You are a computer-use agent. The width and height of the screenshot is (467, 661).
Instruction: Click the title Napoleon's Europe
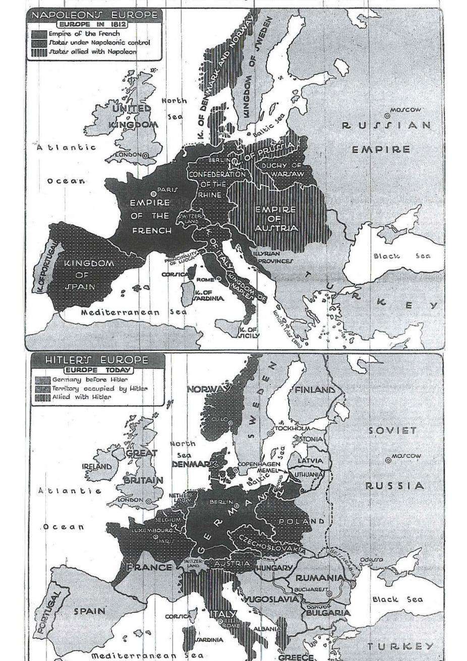tap(94, 15)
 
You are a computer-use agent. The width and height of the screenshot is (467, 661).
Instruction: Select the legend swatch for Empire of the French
tap(38, 34)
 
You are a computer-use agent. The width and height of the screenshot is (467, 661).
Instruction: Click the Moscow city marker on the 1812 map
tap(387, 115)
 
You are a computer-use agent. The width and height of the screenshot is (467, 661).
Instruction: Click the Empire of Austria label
tap(275, 218)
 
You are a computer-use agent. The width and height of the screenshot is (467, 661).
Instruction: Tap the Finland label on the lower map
tap(315, 390)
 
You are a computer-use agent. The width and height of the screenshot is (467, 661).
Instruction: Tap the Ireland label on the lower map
tap(97, 467)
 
